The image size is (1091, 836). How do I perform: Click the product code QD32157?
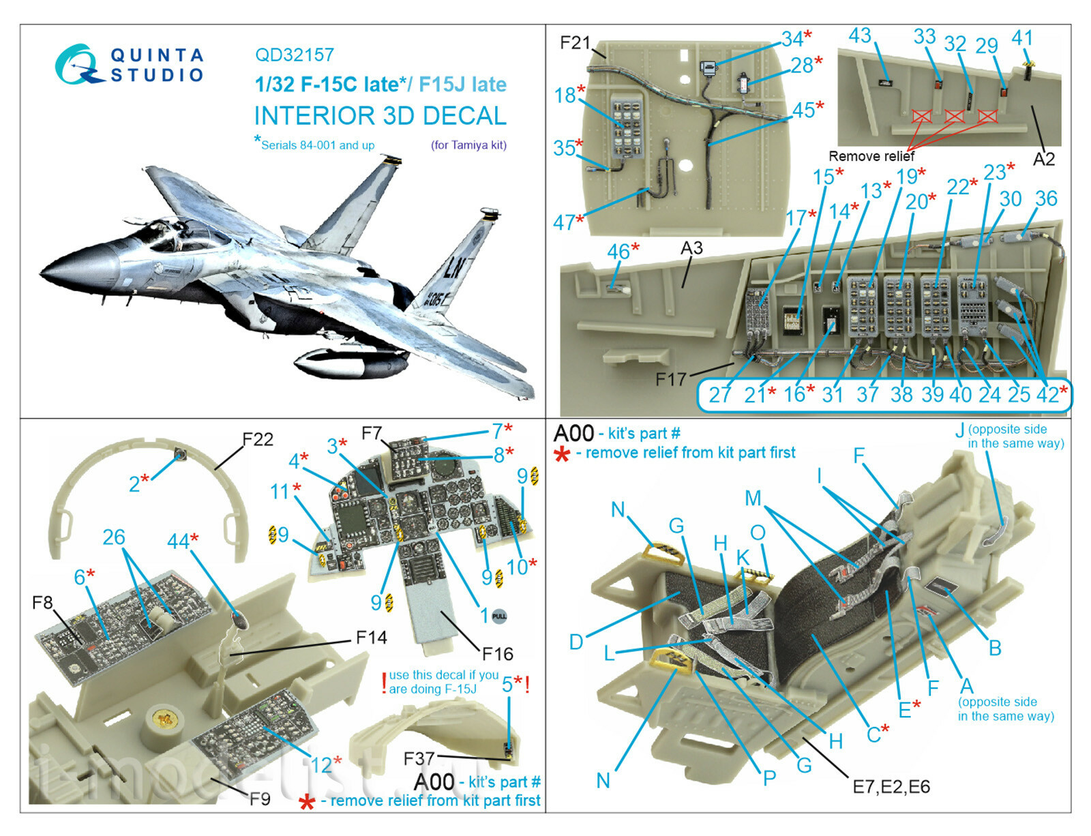click(295, 55)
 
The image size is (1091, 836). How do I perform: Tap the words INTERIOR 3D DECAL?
click(380, 116)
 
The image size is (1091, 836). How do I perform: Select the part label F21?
click(575, 43)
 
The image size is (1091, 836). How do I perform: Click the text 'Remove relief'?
click(871, 156)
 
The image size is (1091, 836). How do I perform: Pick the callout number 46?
click(617, 252)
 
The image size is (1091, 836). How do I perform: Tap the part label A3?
click(691, 248)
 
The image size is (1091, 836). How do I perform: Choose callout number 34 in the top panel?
click(792, 39)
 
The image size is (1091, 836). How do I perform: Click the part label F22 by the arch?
click(258, 440)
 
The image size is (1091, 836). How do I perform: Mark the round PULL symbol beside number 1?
click(499, 616)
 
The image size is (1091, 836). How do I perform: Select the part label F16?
click(497, 655)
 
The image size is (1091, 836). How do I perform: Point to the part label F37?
click(419, 758)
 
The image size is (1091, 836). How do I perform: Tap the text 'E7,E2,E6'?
click(891, 787)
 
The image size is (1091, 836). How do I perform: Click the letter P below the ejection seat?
click(769, 777)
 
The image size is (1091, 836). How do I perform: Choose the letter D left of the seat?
click(576, 642)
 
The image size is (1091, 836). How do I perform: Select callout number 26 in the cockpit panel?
click(114, 537)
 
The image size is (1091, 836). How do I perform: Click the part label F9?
click(260, 798)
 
